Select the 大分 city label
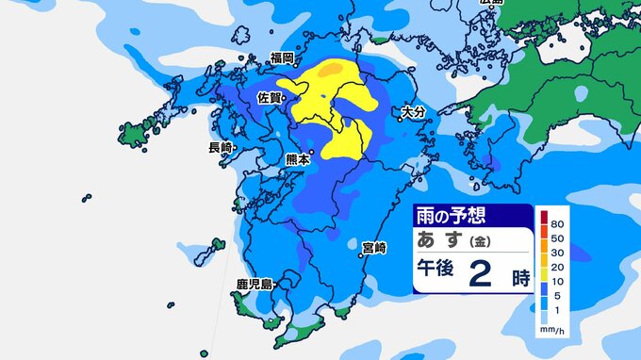[412, 111]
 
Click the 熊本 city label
[297, 160]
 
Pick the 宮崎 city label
[373, 247]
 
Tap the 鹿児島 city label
[255, 284]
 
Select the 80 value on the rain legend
[557, 224]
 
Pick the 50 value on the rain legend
[557, 239]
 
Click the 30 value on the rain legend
[557, 253]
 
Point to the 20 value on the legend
[557, 267]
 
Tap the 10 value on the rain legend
[557, 281]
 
